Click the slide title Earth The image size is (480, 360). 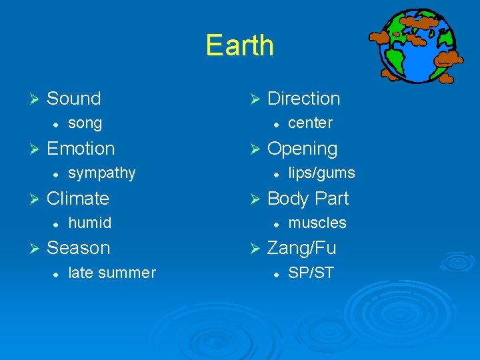(x=239, y=45)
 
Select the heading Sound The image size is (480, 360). (x=73, y=99)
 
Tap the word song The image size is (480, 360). (x=85, y=123)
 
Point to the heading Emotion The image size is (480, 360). (x=81, y=148)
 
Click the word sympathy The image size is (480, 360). (x=101, y=173)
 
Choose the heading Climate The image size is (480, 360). (x=77, y=198)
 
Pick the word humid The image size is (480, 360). (x=89, y=223)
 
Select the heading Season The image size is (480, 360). (x=78, y=248)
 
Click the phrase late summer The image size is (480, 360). (x=111, y=273)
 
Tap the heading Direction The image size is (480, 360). (x=303, y=99)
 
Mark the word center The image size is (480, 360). (x=310, y=123)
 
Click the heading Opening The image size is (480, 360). (x=302, y=149)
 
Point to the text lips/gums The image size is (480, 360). (x=321, y=173)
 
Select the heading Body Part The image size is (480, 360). (x=307, y=199)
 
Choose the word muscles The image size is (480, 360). (x=317, y=223)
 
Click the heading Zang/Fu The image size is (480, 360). (x=301, y=248)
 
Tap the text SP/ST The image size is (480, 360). (x=311, y=273)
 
